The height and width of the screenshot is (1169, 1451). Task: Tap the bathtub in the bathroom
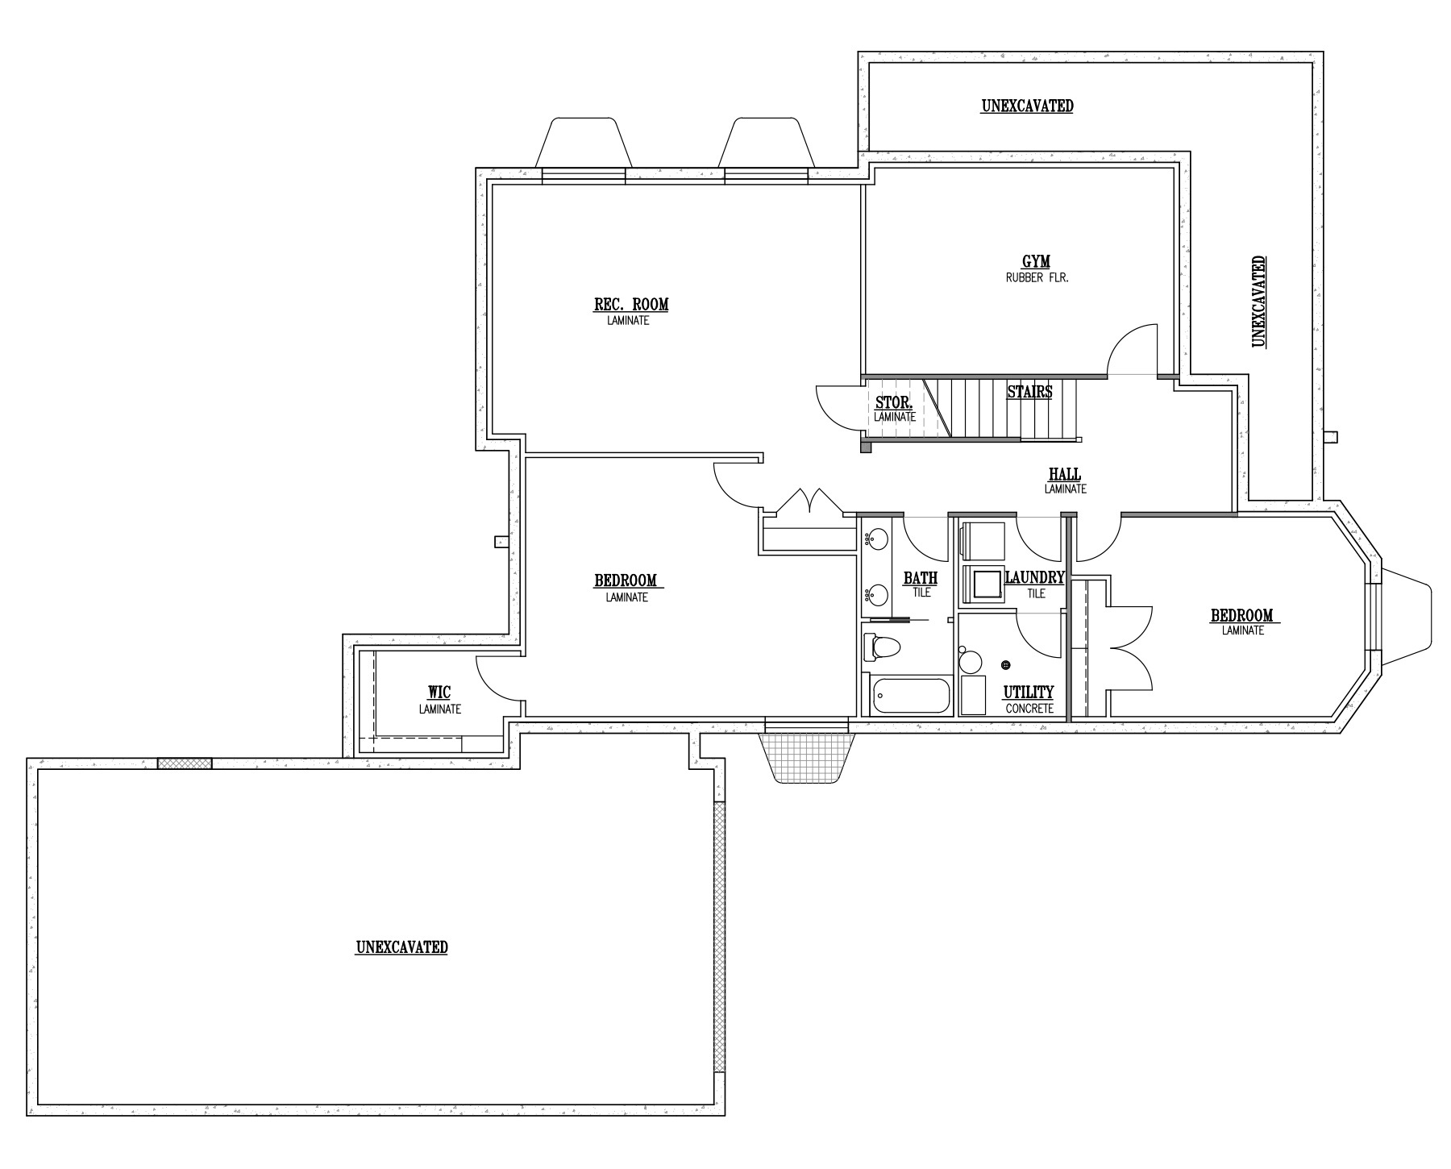point(911,696)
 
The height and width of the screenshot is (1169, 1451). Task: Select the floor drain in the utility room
point(1005,664)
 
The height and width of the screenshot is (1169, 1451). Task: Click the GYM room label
point(1037,262)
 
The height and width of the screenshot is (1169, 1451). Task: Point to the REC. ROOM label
point(631,305)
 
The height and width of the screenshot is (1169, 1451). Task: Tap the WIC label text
point(439,693)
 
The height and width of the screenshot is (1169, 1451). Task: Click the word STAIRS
point(1029,393)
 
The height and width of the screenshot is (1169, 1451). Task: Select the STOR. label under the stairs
point(894,402)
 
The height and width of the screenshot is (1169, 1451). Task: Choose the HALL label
point(1065,474)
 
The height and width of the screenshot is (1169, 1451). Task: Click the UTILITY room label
point(1029,693)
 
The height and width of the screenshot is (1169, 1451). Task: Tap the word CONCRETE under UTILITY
point(1029,709)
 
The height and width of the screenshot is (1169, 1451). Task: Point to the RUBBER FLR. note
point(1037,278)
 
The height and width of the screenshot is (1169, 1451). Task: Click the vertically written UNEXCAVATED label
point(1258,302)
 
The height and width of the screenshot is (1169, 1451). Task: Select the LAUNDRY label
point(1035,578)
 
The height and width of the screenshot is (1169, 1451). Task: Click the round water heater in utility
point(971,662)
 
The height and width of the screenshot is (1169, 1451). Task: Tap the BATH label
point(921,578)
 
